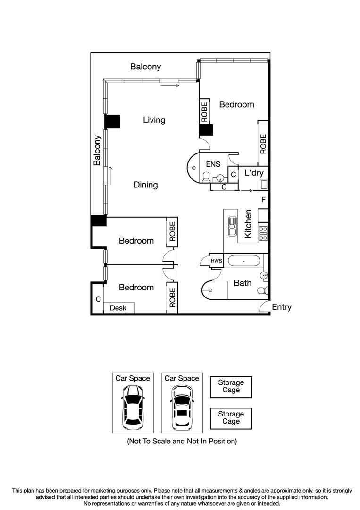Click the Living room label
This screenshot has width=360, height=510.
[154, 120]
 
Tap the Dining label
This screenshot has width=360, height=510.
[145, 185]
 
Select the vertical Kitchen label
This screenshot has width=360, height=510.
[248, 223]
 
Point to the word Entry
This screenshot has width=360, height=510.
[282, 307]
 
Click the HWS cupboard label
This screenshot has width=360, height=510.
[216, 261]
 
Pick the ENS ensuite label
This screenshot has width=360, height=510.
[213, 165]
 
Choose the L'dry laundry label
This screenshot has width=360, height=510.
[253, 173]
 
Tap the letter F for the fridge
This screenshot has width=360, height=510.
[263, 200]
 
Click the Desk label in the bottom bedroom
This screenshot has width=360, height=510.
[118, 308]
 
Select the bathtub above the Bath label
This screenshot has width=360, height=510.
[244, 261]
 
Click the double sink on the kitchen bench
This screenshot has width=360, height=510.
[232, 226]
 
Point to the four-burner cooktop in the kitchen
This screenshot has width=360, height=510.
[263, 231]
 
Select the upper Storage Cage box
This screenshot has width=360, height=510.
[231, 386]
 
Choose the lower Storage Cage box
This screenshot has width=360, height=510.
[231, 417]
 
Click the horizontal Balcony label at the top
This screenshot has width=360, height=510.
[145, 67]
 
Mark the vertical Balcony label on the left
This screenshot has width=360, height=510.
[97, 150]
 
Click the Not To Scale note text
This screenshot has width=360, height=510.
[182, 441]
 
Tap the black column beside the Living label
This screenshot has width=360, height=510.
[113, 121]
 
